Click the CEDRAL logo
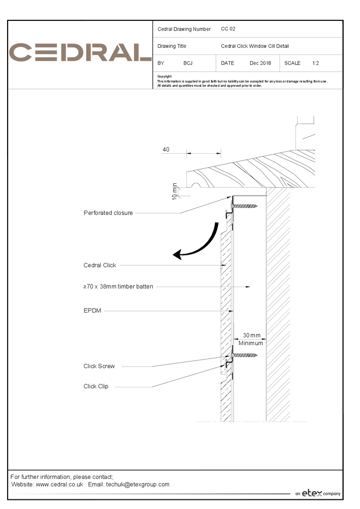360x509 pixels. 80,52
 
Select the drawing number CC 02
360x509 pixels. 228,29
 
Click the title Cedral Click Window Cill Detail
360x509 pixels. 255,46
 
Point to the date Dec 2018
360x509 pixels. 260,64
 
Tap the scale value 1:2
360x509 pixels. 316,64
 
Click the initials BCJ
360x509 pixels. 188,64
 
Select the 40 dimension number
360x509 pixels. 166,150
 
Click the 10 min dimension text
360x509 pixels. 174,191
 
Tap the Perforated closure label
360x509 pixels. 108,213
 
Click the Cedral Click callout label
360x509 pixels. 100,265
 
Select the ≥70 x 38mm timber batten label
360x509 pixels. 118,287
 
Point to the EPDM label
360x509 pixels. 92,310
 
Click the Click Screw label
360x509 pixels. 99,366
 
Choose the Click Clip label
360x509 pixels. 96,386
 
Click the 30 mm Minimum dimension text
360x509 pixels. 251,339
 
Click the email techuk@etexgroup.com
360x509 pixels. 137,485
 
